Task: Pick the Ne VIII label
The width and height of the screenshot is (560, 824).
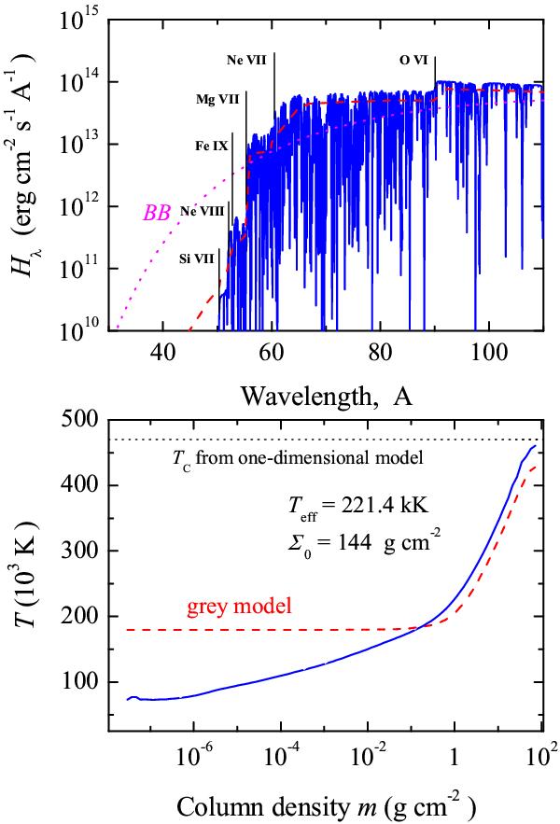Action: [203, 212]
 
